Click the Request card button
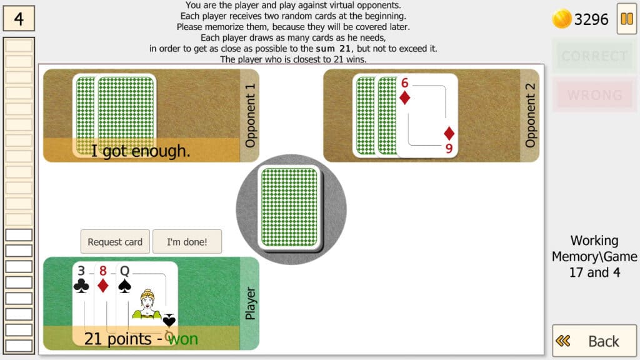coord(115,242)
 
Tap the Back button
coord(594,341)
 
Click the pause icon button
coord(626,19)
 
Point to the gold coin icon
coord(562,19)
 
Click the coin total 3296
coord(591,19)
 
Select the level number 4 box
coord(19,18)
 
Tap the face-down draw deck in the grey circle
coord(289,207)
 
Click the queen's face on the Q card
coord(147,300)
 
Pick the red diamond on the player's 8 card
coord(103,286)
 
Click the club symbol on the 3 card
coord(81,286)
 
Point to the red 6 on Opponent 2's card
coord(404,83)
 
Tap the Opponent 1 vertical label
coord(250,116)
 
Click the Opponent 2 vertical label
coord(530,116)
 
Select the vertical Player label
coord(250,303)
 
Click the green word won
coord(183,339)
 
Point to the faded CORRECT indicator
coord(594,56)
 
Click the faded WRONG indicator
coord(594,95)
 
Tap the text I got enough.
coord(141,151)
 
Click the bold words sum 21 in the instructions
coord(333,49)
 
